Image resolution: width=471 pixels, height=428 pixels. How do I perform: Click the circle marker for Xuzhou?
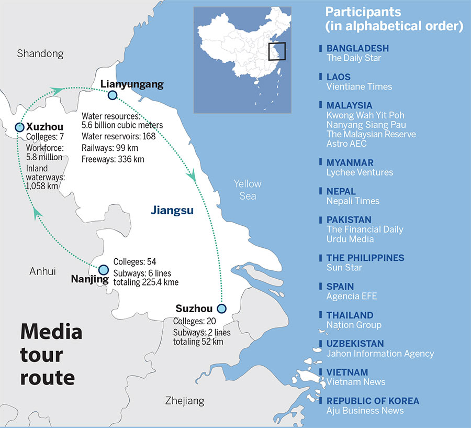tap(19, 127)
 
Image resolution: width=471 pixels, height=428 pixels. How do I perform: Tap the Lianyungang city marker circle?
tap(112, 95)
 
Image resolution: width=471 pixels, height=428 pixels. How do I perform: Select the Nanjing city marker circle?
tap(104, 269)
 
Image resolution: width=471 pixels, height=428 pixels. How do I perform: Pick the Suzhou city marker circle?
tap(222, 308)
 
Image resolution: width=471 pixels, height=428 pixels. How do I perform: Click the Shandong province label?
tap(40, 53)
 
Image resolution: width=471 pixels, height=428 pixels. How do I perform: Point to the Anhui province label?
tap(42, 271)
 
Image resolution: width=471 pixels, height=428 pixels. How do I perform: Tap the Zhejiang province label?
tap(184, 401)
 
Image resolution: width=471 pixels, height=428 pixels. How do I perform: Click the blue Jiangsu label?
tap(172, 211)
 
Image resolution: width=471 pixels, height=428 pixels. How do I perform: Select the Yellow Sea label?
tap(246, 190)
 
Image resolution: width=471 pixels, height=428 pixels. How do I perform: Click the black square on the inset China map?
tap(277, 51)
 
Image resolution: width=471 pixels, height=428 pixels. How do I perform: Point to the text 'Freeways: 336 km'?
tap(113, 159)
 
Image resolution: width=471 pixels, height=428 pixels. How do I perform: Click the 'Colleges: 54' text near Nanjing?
tap(134, 261)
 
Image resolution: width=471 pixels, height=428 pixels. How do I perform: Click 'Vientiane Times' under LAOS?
tap(359, 86)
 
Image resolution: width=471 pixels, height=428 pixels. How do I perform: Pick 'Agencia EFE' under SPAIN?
tap(351, 296)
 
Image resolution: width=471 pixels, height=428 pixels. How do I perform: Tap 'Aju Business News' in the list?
tap(365, 411)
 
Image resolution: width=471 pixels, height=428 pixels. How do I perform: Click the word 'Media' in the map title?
tap(51, 332)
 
